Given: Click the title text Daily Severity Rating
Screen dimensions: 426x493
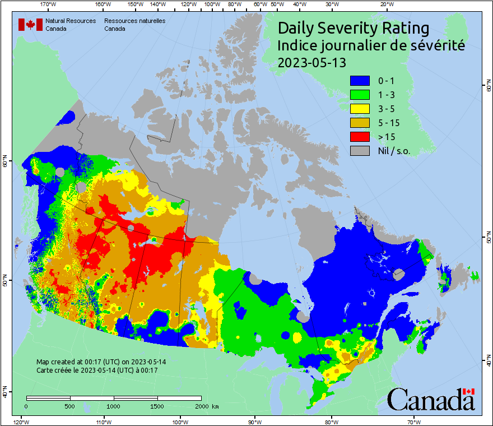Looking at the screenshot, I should (x=354, y=28).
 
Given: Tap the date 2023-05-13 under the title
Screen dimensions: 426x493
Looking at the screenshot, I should (x=312, y=63).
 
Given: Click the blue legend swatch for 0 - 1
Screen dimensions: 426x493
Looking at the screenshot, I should (x=360, y=80).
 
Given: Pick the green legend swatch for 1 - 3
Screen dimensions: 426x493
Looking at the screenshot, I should (x=360, y=94).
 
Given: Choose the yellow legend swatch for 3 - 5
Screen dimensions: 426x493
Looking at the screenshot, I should (x=360, y=108).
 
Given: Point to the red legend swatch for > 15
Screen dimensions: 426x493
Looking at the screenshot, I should (x=360, y=136).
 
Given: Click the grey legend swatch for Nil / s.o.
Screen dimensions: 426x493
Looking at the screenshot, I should (x=360, y=150).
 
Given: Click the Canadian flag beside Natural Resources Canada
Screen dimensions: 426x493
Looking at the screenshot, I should (x=30, y=25).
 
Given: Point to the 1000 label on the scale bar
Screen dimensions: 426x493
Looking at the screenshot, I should (x=114, y=406).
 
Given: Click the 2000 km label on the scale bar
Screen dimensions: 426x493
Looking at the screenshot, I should (x=207, y=406).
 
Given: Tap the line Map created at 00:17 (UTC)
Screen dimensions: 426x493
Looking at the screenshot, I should (x=101, y=362).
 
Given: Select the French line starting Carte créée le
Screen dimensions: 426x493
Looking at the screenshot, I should (x=97, y=371).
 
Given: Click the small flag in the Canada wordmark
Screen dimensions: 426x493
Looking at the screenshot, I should (x=469, y=391).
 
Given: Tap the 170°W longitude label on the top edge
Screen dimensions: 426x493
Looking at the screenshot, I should (x=49, y=5).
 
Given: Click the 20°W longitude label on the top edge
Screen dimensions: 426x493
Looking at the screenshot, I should (x=386, y=5).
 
